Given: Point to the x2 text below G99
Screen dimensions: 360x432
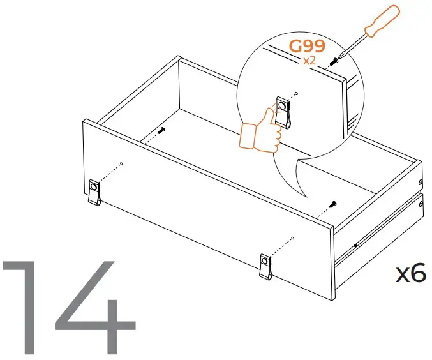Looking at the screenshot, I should tap(309, 61).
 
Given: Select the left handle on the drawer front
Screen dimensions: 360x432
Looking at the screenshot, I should tap(94, 192).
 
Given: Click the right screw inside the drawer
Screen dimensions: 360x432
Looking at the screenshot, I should tap(332, 204).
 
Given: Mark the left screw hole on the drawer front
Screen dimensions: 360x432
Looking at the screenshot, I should tap(121, 164).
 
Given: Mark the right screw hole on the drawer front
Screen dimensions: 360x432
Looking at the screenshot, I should tap(292, 238).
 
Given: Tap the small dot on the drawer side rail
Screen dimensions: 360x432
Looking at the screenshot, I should tap(355, 243).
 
